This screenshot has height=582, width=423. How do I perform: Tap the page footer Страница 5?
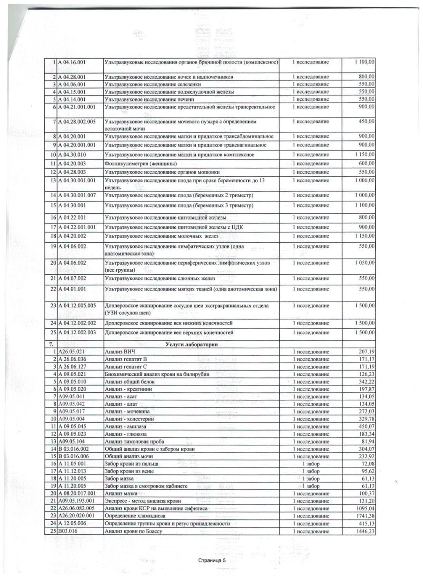pos(212,560)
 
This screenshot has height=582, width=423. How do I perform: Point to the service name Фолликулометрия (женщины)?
pos(141,163)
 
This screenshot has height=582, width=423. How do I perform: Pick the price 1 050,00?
pos(364,263)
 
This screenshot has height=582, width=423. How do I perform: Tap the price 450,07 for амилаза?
pos(366,426)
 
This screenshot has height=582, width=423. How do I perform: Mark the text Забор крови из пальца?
pos(132,464)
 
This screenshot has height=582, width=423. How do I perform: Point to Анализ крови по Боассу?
pos(134,531)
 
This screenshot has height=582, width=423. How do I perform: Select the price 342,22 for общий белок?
pos(366,381)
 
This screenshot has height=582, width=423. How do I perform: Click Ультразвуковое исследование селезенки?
pos(153,84)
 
